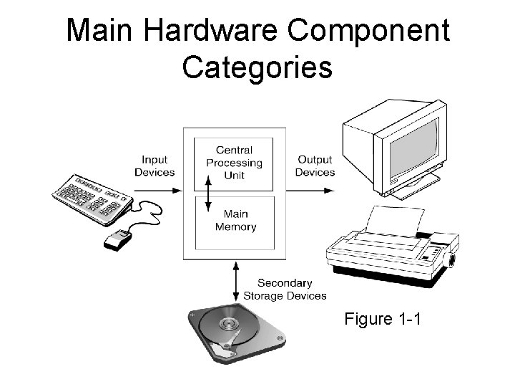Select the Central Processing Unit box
point(234,163)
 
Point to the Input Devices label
point(154,166)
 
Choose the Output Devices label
point(315,166)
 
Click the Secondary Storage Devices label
point(285,290)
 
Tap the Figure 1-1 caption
point(383,318)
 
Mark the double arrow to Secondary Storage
point(235,281)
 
